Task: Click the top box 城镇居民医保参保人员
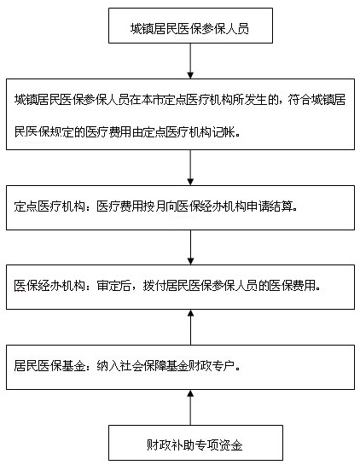190,26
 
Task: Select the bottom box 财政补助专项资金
195,443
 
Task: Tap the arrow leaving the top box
190,61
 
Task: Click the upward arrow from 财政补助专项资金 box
190,408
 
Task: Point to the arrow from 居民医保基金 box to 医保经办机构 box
190,327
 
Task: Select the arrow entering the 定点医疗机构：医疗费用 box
190,167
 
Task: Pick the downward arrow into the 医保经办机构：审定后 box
190,247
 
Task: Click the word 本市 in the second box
152,100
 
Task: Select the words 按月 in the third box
154,206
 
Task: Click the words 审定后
113,286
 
